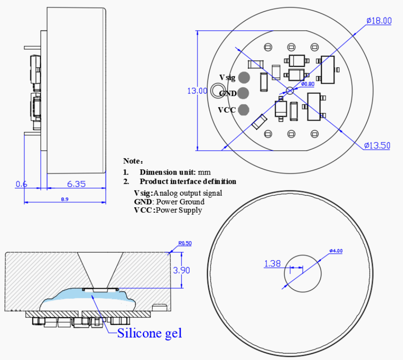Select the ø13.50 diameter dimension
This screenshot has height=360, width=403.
[x=377, y=145]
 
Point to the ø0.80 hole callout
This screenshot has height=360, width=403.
[x=308, y=84]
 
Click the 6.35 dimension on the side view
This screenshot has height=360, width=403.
[x=76, y=184]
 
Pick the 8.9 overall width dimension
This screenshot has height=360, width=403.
[x=65, y=199]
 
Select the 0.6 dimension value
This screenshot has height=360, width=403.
[x=21, y=184]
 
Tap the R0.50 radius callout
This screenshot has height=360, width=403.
[x=185, y=243]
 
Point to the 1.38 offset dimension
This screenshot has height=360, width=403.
[x=273, y=264]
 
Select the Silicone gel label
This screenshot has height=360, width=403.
[x=149, y=332]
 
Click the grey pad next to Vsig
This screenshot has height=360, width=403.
[x=243, y=77]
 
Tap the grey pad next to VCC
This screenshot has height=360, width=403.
[x=243, y=109]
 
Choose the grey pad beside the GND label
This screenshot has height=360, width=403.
[x=243, y=93]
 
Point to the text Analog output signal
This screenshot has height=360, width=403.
[x=188, y=193]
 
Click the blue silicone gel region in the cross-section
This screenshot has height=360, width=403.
[x=88, y=296]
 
